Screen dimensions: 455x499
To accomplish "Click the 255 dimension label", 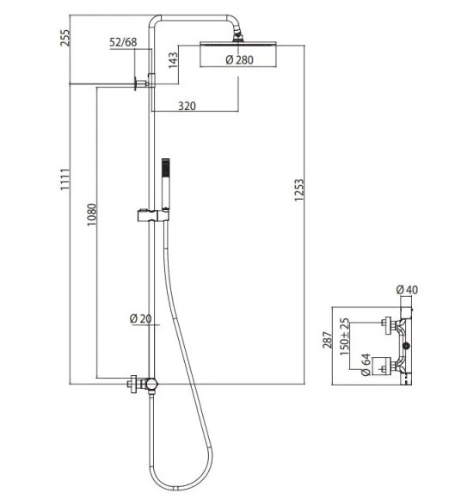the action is (x=65, y=38).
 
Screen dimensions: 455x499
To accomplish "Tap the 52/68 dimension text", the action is (x=123, y=42).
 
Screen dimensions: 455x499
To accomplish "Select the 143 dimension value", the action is (x=173, y=60).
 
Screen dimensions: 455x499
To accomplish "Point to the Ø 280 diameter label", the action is (x=240, y=60).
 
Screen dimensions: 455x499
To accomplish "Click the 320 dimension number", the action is (x=187, y=106).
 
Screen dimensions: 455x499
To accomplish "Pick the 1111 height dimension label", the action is (x=65, y=180).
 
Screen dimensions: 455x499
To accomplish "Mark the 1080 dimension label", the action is (x=92, y=215).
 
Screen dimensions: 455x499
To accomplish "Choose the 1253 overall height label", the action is (x=299, y=190).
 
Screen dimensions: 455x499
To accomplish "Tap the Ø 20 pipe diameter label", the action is (x=141, y=318).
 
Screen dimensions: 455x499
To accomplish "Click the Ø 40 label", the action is (x=407, y=290).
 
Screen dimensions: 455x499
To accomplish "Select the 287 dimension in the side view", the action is (x=327, y=340).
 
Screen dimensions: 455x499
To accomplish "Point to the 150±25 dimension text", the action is (x=344, y=336).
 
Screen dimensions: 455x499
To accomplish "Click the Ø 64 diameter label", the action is (x=366, y=365).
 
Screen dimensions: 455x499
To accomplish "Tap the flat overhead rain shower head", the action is (x=238, y=44).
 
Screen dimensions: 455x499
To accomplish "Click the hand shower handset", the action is (x=165, y=184).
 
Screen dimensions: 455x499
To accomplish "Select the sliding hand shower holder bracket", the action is (x=153, y=215).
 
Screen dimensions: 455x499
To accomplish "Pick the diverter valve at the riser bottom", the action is (x=151, y=384).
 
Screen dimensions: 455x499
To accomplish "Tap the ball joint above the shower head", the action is (x=237, y=35).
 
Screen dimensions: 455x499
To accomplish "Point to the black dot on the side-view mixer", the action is (x=406, y=346).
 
